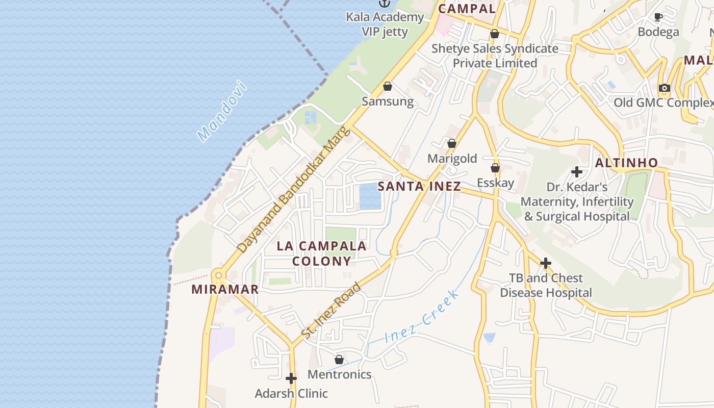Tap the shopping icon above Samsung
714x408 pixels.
pyautogui.click(x=388, y=86)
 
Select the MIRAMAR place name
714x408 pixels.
pyautogui.click(x=225, y=290)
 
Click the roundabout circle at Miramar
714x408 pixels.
pyautogui.click(x=219, y=276)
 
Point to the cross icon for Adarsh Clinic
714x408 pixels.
pyautogui.click(x=291, y=378)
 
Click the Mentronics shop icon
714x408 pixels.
pyautogui.click(x=339, y=360)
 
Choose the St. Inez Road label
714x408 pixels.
pyautogui.click(x=331, y=310)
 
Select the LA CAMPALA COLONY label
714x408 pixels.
pyautogui.click(x=321, y=253)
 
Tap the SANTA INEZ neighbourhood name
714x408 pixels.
pyautogui.click(x=419, y=186)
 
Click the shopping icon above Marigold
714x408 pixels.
pyautogui.click(x=452, y=143)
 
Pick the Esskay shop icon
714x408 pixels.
pyautogui.click(x=495, y=168)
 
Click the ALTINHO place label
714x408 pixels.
pyautogui.click(x=627, y=163)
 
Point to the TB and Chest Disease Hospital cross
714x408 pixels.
pyautogui.click(x=546, y=263)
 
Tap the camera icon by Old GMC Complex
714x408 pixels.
pyautogui.click(x=664, y=88)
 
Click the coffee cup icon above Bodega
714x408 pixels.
pyautogui.click(x=658, y=17)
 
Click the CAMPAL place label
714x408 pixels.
pyautogui.click(x=467, y=9)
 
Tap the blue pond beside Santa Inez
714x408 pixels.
pyautogui.click(x=370, y=197)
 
